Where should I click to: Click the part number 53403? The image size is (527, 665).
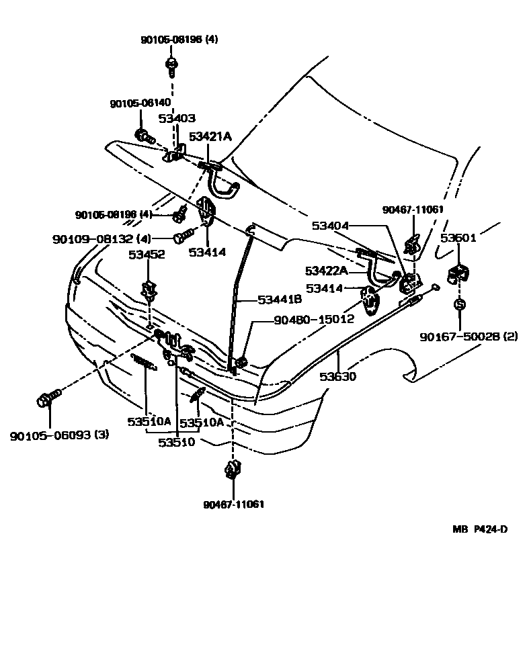pyautogui.click(x=177, y=118)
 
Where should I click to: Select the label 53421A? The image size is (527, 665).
pyautogui.click(x=210, y=136)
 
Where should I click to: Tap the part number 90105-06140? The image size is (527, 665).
pyautogui.click(x=140, y=104)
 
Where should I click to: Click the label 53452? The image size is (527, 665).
pyautogui.click(x=147, y=255)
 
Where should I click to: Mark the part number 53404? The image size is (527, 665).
pyautogui.click(x=330, y=226)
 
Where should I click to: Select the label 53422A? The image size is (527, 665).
pyautogui.click(x=327, y=271)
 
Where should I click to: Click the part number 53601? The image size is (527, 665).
pyautogui.click(x=458, y=238)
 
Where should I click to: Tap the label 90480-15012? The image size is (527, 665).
pyautogui.click(x=313, y=320)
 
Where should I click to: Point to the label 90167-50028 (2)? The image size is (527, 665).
pyautogui.click(x=460, y=336)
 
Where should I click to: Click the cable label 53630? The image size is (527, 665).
pyautogui.click(x=337, y=377)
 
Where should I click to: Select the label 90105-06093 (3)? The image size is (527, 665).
pyautogui.click(x=59, y=435)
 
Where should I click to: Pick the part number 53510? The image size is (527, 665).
pyautogui.click(x=177, y=442)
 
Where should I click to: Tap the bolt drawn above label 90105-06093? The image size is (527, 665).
pyautogui.click(x=44, y=401)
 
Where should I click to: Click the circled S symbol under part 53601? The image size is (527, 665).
pyautogui.click(x=460, y=305)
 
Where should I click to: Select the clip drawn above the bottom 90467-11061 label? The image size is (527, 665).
pyautogui.click(x=233, y=468)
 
